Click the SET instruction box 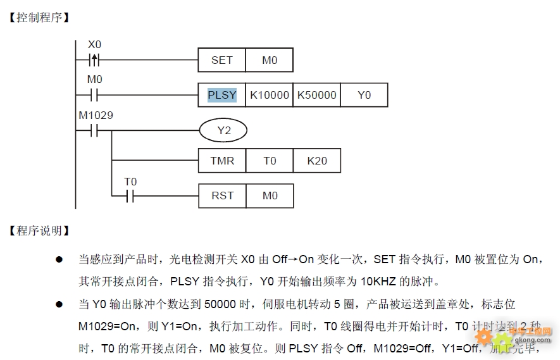221,60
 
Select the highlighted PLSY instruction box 221,95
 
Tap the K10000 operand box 269,95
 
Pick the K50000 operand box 316,95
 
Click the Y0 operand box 364,95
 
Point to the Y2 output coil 223,131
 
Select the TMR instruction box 221,161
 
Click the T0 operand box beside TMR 270,161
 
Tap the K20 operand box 317,161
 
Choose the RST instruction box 221,196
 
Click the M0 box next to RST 270,196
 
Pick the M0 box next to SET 270,60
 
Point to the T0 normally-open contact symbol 130,196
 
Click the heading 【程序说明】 39,230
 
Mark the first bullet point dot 59,259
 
